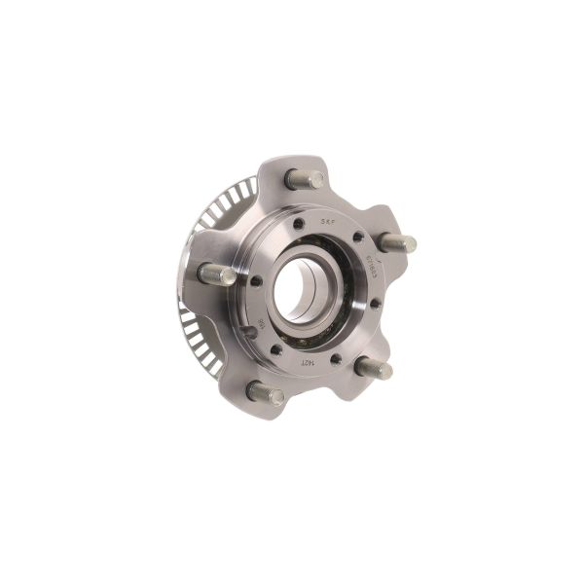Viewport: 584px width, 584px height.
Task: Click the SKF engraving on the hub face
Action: (327, 222)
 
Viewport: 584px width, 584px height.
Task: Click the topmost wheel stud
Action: (305, 179)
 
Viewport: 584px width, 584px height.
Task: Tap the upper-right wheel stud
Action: (397, 243)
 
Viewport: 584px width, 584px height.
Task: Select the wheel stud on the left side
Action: (216, 274)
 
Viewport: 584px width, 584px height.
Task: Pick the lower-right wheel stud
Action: (374, 368)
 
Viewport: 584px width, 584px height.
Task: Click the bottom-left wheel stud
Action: (264, 392)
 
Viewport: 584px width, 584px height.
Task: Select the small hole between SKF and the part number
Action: (357, 237)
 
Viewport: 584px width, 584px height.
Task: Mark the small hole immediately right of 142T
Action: (336, 359)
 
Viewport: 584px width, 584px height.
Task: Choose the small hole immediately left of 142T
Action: (276, 349)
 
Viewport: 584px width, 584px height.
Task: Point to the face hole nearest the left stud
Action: (256, 280)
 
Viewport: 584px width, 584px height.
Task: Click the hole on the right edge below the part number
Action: (375, 304)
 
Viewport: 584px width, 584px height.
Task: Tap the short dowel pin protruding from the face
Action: (249, 332)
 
